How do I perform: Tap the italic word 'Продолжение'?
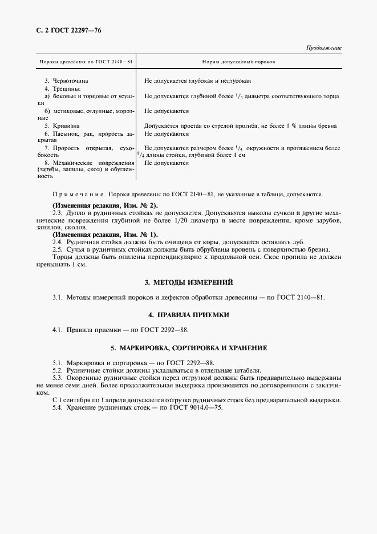(324, 48)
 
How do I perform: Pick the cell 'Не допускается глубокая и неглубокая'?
(198, 81)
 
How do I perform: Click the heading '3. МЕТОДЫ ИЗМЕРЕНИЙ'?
(188, 282)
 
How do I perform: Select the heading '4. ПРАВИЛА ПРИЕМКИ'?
(188, 314)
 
